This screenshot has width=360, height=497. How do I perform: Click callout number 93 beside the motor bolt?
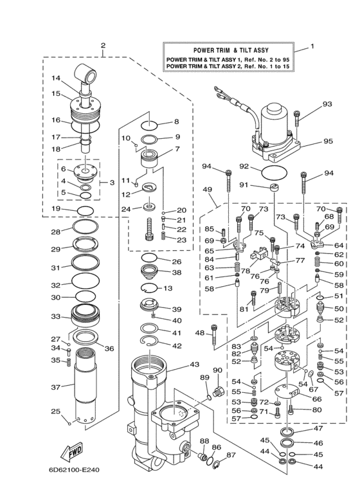(327, 104)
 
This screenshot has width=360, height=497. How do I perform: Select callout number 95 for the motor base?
(328, 141)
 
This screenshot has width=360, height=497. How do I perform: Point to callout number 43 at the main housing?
(194, 365)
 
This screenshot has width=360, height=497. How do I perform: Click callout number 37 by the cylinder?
(56, 387)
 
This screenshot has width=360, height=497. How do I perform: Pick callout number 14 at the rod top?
(56, 79)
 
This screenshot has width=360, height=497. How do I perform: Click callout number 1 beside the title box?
(312, 46)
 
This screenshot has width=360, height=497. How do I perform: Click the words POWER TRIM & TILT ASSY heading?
(230, 50)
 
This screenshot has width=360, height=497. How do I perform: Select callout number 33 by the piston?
(56, 316)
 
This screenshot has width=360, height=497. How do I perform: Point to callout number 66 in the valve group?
(317, 399)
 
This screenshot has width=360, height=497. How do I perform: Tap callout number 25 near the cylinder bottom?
(56, 411)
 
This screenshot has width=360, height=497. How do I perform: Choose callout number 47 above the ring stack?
(318, 428)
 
